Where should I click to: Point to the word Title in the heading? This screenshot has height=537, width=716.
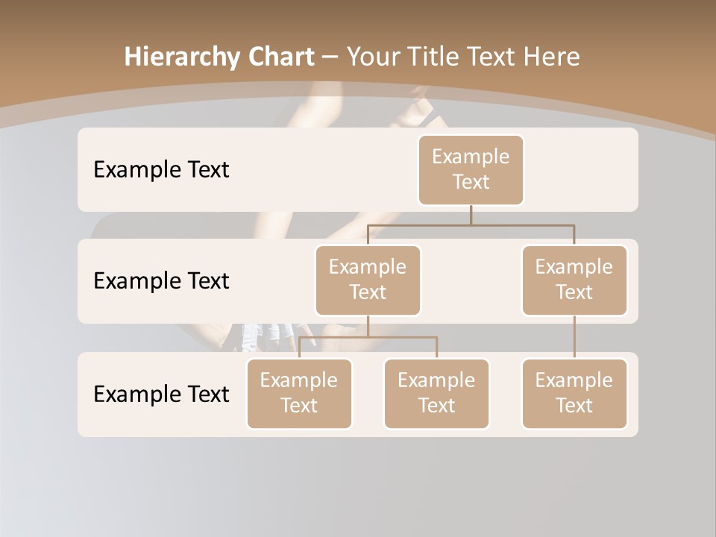tap(436, 57)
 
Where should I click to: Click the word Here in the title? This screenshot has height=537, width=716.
tap(551, 57)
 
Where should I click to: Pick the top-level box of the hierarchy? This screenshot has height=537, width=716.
tap(471, 169)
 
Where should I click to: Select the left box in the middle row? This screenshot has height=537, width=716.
tap(368, 280)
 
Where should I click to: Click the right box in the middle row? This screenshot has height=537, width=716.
tap(574, 280)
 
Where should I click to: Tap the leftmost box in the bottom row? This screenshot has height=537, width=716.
tap(299, 393)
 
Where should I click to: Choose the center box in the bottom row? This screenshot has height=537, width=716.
tap(436, 393)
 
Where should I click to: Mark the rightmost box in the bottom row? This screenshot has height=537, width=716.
tap(574, 393)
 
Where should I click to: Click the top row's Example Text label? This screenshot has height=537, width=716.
tap(161, 170)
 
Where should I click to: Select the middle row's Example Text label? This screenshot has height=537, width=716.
tap(161, 281)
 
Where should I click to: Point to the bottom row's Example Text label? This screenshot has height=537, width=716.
tap(161, 394)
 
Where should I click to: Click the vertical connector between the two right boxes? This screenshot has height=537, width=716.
tap(574, 337)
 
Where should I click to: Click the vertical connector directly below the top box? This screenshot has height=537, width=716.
tap(471, 214)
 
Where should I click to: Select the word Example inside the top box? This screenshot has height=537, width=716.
tap(471, 157)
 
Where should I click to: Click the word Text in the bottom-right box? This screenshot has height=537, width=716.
tap(574, 406)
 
